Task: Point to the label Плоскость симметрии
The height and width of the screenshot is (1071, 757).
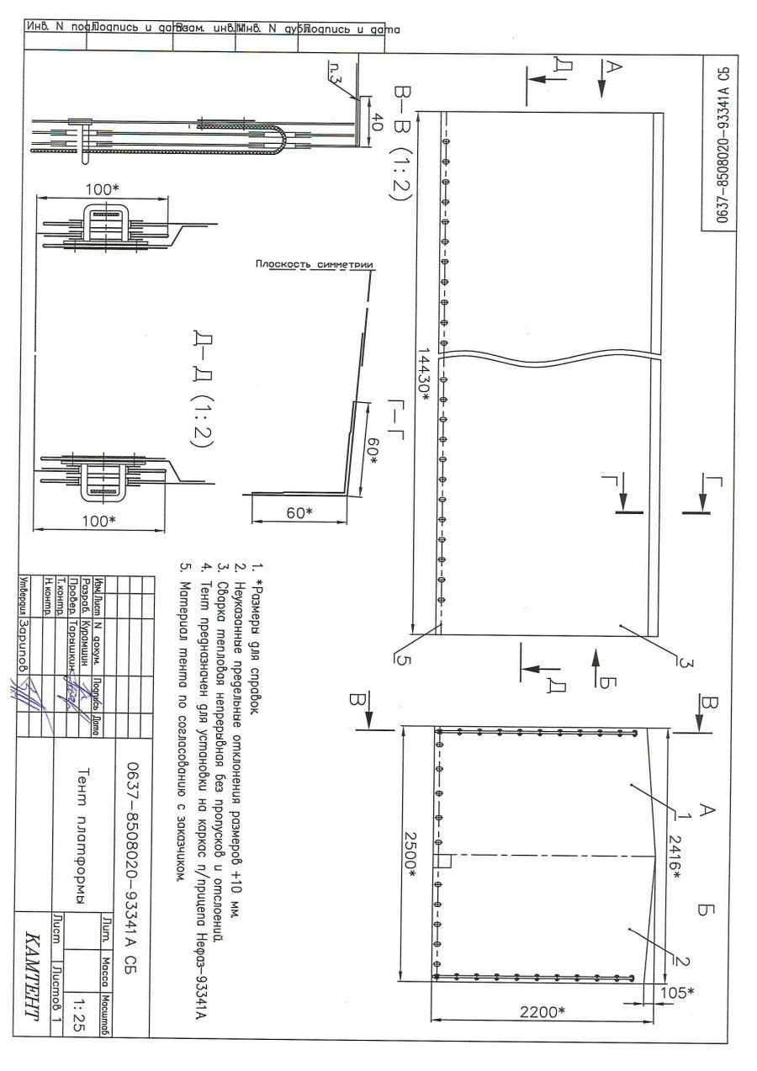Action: tap(314, 265)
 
